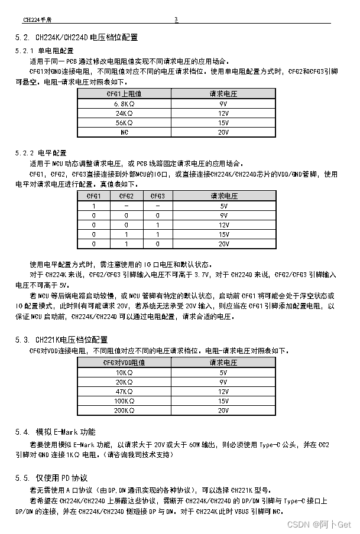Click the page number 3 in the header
tap(176, 19)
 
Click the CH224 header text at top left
tap(35, 19)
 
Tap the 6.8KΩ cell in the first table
tap(124, 103)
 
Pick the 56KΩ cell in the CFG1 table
tap(124, 123)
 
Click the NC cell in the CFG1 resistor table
tap(124, 132)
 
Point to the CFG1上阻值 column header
tap(124, 94)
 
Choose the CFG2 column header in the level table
tap(126, 196)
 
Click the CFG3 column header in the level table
tap(157, 196)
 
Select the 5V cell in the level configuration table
tap(223, 206)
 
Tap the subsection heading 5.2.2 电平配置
tap(41, 152)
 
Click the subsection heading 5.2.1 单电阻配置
tap(44, 51)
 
